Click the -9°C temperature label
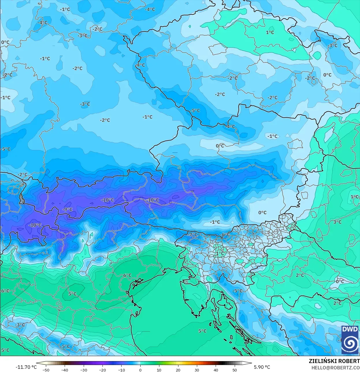tap(68, 210)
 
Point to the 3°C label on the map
tap(337, 222)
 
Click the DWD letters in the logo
tap(350, 330)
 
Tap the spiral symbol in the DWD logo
tap(350, 343)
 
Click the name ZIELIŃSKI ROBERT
tap(334, 361)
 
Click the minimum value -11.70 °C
tap(26, 367)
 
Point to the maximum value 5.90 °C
tap(262, 367)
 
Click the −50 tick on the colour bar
tap(46, 370)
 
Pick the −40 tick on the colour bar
tap(65, 370)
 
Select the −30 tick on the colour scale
tap(83, 370)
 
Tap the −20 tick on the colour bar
tap(102, 370)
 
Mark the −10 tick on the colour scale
tap(121, 370)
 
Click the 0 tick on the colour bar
tap(140, 370)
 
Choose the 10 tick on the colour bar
tap(159, 370)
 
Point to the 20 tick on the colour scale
tap(178, 370)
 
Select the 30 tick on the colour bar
tap(197, 370)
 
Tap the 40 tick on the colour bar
tap(216, 370)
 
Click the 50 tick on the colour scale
tap(235, 370)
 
